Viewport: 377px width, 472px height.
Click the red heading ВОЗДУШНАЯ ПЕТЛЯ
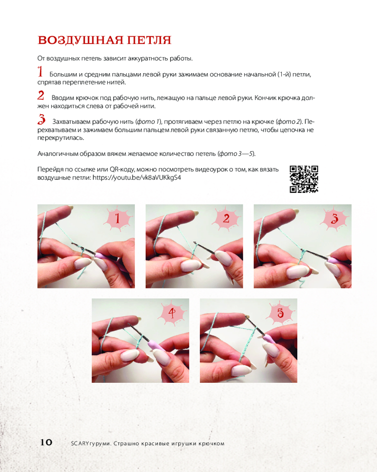pos(104,40)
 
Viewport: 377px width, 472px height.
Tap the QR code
pos(304,179)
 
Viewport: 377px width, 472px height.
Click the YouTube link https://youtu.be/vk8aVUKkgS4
pos(137,177)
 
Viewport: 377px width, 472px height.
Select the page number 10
pos(46,442)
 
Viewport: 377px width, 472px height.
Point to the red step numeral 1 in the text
pos(40,72)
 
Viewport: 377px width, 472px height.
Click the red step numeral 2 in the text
pos(41,95)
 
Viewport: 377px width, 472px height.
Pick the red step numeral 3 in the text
pos(41,119)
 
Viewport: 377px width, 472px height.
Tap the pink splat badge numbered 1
pos(118,218)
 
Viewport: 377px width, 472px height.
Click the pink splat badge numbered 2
pos(226,218)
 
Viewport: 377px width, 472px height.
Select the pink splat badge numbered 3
pos(335,218)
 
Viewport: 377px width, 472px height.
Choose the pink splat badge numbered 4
pos(172,313)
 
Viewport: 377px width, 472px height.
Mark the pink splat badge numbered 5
pos(280,313)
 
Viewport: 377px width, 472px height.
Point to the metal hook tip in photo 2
pos(195,243)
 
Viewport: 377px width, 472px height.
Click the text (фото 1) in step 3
pos(148,122)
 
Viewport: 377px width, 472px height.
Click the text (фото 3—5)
pos(236,153)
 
